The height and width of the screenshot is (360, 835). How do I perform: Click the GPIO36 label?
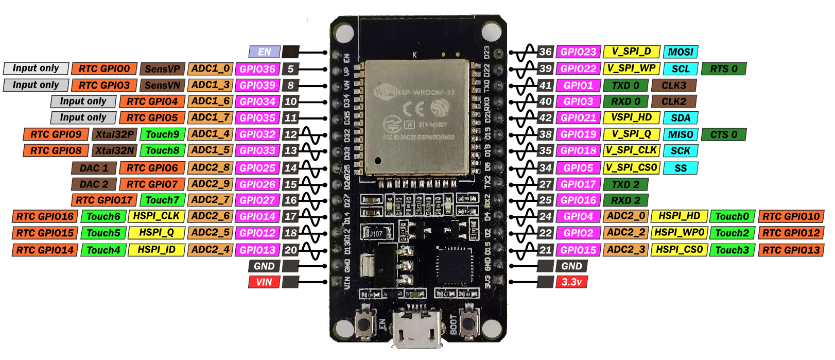tap(257, 69)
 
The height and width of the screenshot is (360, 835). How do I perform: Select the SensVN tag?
tap(162, 85)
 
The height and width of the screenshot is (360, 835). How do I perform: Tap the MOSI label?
tap(680, 52)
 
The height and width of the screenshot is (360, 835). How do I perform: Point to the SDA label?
tap(680, 118)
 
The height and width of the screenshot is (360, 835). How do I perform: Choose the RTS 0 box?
tap(723, 68)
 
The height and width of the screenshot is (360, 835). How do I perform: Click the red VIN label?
tap(264, 282)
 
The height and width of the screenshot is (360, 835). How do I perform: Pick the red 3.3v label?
tap(571, 282)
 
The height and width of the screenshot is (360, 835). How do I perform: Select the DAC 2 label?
tap(94, 184)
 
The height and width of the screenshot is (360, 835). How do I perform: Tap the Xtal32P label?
tap(114, 134)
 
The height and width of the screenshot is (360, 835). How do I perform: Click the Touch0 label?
tap(732, 217)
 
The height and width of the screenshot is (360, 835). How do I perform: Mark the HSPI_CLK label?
tap(156, 216)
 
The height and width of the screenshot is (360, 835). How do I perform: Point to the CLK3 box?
tap(673, 85)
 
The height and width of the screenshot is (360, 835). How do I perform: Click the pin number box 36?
tap(545, 52)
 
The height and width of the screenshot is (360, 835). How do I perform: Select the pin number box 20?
tap(291, 250)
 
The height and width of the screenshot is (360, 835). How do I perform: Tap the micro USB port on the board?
tap(417, 330)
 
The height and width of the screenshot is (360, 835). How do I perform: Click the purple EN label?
tap(264, 52)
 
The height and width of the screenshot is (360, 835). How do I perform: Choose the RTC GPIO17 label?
tap(104, 200)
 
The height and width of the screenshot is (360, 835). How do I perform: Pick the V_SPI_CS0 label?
tap(631, 168)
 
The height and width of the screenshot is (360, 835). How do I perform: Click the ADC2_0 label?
tap(625, 216)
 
